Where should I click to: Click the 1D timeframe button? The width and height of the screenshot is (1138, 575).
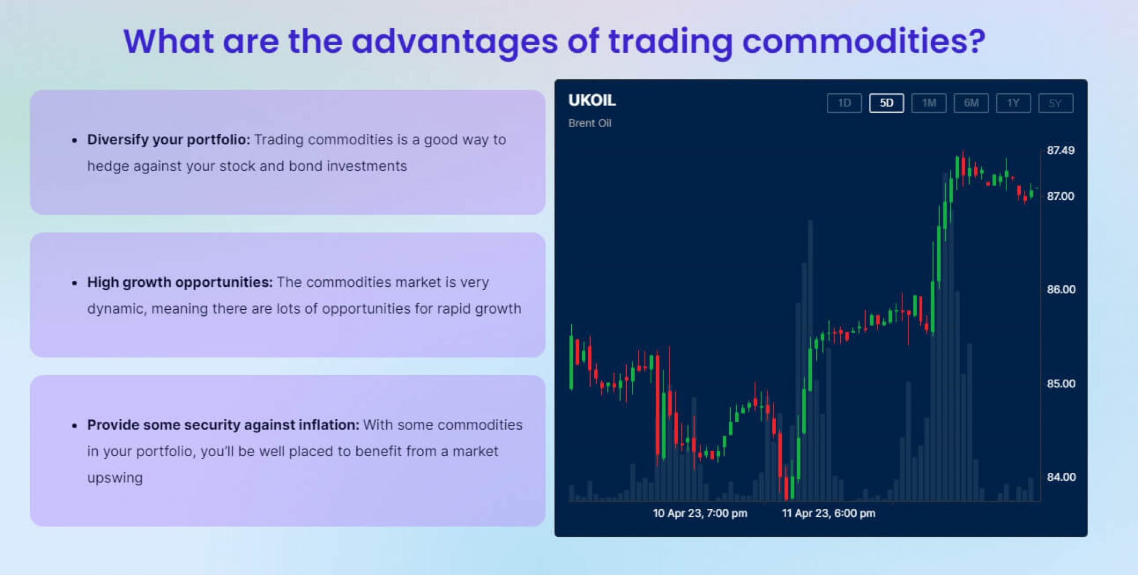[844, 103]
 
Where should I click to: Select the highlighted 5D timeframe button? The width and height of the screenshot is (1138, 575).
[886, 103]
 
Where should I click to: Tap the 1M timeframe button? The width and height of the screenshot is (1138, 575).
[929, 103]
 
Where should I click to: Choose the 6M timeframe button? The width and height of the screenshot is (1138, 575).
[971, 103]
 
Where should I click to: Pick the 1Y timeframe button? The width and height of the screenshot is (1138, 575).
[1014, 103]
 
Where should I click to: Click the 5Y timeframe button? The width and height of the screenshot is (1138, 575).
[1056, 103]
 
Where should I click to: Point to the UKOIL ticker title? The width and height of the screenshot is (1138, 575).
[592, 100]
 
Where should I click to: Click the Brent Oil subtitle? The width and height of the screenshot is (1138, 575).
[590, 123]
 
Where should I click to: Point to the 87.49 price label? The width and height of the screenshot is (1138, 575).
[1061, 150]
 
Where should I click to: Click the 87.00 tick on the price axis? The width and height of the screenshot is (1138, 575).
[1061, 196]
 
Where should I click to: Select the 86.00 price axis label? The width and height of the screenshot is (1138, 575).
[1061, 290]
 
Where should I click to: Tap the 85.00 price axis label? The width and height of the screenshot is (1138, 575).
[1061, 384]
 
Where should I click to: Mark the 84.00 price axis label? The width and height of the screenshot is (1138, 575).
[1061, 477]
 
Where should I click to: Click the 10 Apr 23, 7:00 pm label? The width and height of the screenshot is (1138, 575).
[700, 513]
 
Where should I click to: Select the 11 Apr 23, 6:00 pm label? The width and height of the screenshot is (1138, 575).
[828, 513]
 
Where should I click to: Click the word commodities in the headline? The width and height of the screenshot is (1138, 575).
[864, 41]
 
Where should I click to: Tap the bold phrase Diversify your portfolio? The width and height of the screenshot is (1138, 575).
[168, 140]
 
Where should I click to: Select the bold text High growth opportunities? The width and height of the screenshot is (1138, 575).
[180, 283]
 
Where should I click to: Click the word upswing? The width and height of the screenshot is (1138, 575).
[115, 478]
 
